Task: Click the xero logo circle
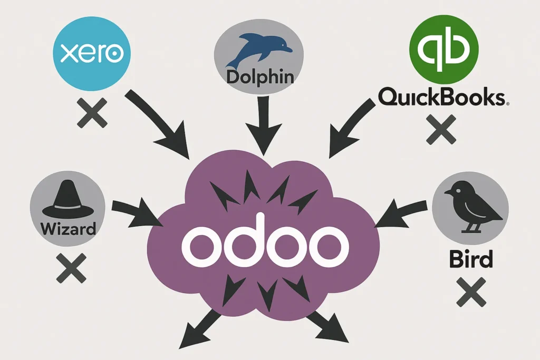[x=92, y=53]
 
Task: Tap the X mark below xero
[x=92, y=113]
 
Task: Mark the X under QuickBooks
[x=441, y=129]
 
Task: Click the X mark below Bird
[x=470, y=292]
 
